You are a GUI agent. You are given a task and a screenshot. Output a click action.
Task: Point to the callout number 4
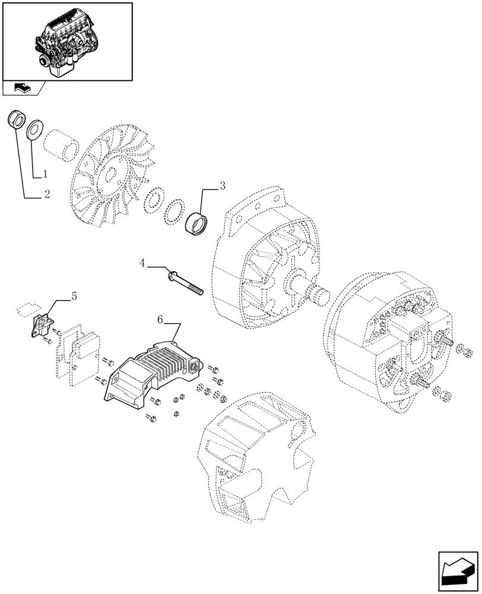(x=142, y=263)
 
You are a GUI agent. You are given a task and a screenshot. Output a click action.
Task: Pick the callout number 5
(x=74, y=295)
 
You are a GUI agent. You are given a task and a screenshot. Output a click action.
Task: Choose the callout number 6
(x=160, y=320)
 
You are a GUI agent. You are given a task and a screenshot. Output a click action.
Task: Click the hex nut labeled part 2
(x=16, y=119)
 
